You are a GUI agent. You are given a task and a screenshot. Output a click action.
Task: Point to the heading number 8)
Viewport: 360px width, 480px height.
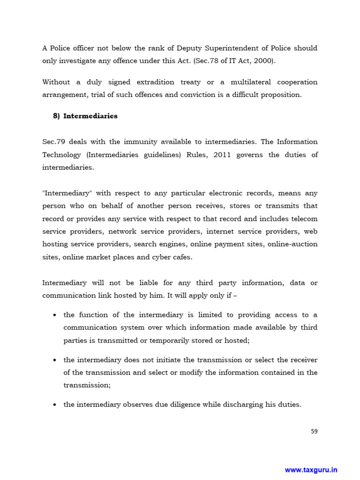(x=57, y=116)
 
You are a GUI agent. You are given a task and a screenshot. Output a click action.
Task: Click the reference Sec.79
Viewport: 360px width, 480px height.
(x=53, y=142)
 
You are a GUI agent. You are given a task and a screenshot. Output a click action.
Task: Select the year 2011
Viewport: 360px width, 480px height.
(x=223, y=155)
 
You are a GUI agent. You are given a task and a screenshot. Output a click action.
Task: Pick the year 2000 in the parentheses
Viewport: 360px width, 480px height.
(x=263, y=61)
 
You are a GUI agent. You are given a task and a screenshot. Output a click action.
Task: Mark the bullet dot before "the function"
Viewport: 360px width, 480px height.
(x=55, y=315)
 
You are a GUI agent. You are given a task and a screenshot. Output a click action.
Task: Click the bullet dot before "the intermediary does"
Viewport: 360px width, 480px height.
(x=55, y=360)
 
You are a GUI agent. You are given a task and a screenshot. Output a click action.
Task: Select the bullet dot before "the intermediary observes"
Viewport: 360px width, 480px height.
(x=55, y=404)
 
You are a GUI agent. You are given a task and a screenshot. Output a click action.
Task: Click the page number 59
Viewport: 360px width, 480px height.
(x=314, y=431)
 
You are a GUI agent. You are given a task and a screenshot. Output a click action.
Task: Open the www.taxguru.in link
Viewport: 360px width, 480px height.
(x=311, y=470)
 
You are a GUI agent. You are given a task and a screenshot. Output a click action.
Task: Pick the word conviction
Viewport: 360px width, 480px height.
(x=197, y=95)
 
